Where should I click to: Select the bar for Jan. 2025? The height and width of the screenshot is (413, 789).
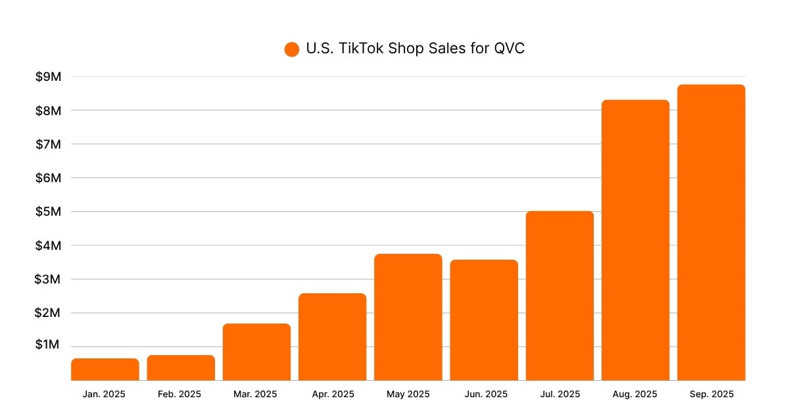(105, 370)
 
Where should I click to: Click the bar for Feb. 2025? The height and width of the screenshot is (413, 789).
(181, 368)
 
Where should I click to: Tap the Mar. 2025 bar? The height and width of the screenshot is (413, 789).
(256, 352)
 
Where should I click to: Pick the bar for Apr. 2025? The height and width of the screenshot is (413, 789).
(332, 337)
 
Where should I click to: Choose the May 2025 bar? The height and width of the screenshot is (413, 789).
(408, 317)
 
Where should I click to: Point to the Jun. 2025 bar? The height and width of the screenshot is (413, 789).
(484, 320)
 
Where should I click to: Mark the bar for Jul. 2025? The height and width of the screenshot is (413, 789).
(560, 296)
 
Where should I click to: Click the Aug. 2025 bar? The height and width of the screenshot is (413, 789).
(635, 240)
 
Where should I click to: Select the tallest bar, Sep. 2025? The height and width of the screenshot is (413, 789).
(711, 232)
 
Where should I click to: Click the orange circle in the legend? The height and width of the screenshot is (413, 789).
(292, 49)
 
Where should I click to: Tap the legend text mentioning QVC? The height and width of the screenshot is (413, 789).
(415, 49)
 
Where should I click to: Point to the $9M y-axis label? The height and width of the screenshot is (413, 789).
(48, 77)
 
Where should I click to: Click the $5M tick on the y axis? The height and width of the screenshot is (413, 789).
(48, 212)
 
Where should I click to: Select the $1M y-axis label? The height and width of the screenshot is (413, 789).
(48, 346)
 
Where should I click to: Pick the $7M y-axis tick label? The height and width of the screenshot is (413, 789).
(48, 144)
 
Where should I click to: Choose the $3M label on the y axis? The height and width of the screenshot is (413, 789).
(48, 279)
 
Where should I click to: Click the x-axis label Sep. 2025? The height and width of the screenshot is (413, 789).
(711, 395)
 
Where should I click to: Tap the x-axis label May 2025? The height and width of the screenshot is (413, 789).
(408, 395)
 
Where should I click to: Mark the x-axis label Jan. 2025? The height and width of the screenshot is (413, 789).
(105, 395)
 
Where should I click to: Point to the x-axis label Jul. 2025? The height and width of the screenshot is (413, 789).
(560, 395)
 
